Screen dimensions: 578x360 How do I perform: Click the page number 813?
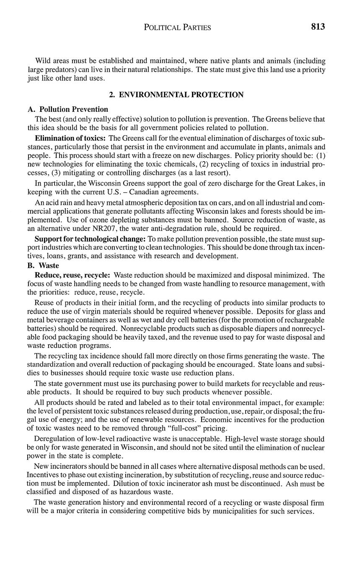click(318, 27)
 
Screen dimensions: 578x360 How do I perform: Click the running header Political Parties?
click(177, 28)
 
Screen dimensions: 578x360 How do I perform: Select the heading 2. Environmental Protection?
click(176, 95)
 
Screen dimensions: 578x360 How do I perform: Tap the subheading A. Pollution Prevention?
click(68, 109)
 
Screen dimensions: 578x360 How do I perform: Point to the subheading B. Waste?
click(43, 266)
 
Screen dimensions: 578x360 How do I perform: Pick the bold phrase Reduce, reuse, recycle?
click(73, 275)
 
